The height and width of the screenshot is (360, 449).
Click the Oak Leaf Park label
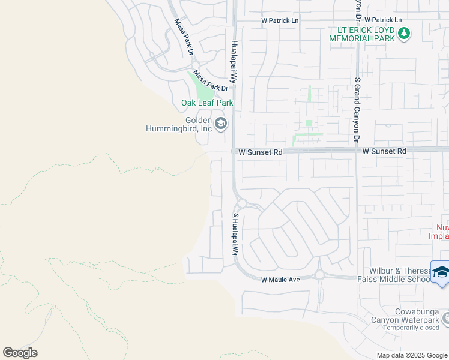(x=206, y=103)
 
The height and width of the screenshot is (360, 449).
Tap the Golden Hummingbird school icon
(x=221, y=124)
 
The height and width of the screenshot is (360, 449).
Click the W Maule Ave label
(x=280, y=280)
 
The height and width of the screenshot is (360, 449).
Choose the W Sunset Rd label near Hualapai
(x=260, y=152)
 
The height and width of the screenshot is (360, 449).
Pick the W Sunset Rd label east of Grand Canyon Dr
(x=384, y=151)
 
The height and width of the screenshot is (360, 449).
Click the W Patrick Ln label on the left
(x=280, y=20)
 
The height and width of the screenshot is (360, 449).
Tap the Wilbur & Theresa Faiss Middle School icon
(x=440, y=271)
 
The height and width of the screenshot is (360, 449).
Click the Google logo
(x=20, y=352)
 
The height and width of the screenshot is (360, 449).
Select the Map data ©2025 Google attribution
(x=411, y=355)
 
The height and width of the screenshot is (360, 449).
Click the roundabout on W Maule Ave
(x=319, y=275)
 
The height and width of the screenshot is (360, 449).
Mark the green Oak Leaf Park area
(x=202, y=86)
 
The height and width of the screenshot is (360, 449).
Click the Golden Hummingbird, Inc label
(x=181, y=124)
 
